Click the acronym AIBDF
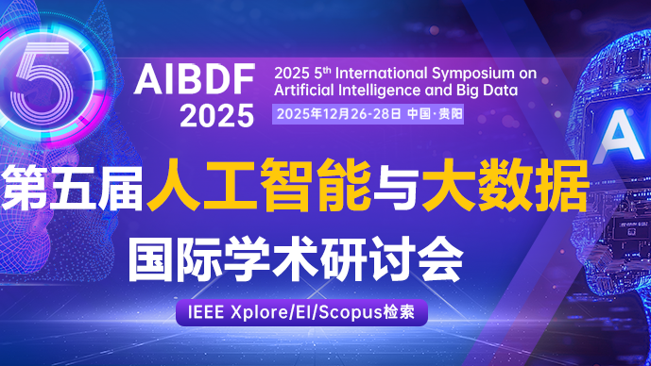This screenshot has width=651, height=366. pyautogui.click(x=195, y=81)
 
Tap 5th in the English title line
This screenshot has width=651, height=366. pyautogui.click(x=317, y=72)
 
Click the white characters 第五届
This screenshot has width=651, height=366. pyautogui.click(x=72, y=186)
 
